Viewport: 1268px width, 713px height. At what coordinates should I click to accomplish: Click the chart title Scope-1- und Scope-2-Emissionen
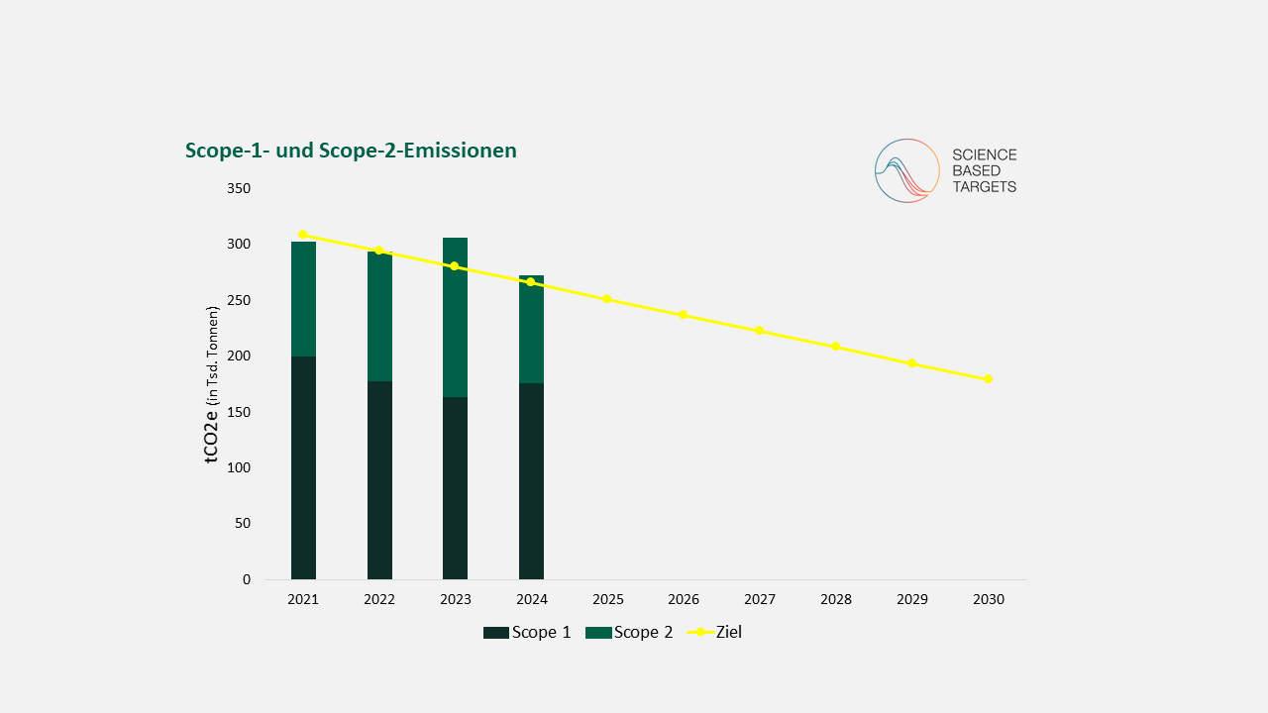pyautogui.click(x=351, y=151)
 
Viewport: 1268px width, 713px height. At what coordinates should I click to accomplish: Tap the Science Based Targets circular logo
pyautogui.click(x=906, y=170)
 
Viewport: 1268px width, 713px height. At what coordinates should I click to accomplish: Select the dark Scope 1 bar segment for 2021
pyautogui.click(x=303, y=467)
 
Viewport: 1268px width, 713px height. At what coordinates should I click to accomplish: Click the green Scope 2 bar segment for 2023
pyautogui.click(x=455, y=317)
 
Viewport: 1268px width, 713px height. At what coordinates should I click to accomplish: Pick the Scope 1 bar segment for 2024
pyautogui.click(x=531, y=480)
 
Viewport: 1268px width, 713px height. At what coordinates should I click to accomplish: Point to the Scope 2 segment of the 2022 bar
pyautogui.click(x=379, y=316)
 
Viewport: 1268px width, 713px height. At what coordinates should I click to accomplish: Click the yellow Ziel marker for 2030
pyautogui.click(x=988, y=379)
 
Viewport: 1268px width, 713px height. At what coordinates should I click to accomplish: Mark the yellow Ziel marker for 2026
pyautogui.click(x=683, y=315)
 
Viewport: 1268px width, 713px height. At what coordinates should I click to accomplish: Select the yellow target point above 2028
pyautogui.click(x=835, y=347)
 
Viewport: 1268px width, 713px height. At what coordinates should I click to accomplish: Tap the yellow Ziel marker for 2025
pyautogui.click(x=606, y=299)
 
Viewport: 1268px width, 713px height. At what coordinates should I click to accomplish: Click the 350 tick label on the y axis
pyautogui.click(x=238, y=188)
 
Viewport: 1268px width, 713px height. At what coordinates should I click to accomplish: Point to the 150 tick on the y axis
pyautogui.click(x=238, y=412)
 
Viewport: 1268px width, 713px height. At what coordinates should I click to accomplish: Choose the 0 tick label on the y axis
pyautogui.click(x=247, y=579)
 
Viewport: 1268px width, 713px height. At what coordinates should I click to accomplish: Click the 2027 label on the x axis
pyautogui.click(x=760, y=599)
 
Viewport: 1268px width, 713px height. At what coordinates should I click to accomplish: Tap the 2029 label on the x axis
pyautogui.click(x=912, y=599)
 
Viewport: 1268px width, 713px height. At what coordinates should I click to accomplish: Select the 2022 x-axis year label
pyautogui.click(x=379, y=599)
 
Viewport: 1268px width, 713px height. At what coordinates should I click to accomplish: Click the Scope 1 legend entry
pyautogui.click(x=527, y=632)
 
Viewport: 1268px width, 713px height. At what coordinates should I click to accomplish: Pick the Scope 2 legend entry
pyautogui.click(x=629, y=632)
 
